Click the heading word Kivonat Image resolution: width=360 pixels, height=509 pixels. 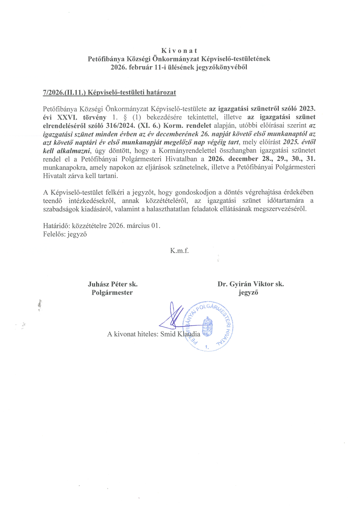(179, 50)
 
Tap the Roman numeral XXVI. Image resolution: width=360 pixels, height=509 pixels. (67, 117)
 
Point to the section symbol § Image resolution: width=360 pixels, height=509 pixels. (125, 117)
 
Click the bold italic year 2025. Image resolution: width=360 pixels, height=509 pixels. (290, 142)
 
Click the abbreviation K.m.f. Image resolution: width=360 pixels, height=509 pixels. (179, 251)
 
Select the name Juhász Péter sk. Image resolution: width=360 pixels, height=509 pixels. (113, 284)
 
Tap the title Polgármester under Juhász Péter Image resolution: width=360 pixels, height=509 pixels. (112, 293)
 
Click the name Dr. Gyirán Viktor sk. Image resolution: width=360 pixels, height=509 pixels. (251, 284)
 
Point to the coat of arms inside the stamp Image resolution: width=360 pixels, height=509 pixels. (207, 326)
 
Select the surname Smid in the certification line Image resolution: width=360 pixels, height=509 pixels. (168, 334)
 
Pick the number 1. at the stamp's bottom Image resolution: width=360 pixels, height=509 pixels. (207, 347)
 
